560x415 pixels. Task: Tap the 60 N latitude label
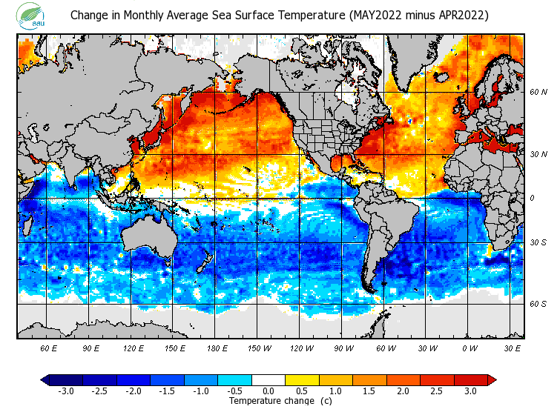click(538, 93)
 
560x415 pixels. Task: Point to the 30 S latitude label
click(538, 243)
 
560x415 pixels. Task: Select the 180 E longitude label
click(217, 348)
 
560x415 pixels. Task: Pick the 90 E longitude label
click(91, 348)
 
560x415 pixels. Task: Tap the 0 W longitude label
click(470, 348)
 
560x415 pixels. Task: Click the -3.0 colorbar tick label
click(65, 391)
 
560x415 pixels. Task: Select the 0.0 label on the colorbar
click(269, 391)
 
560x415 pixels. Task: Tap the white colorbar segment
click(269, 379)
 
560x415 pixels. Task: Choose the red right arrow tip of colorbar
click(492, 379)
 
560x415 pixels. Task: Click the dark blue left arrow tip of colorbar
click(45, 379)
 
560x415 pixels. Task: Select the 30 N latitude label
click(538, 154)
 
